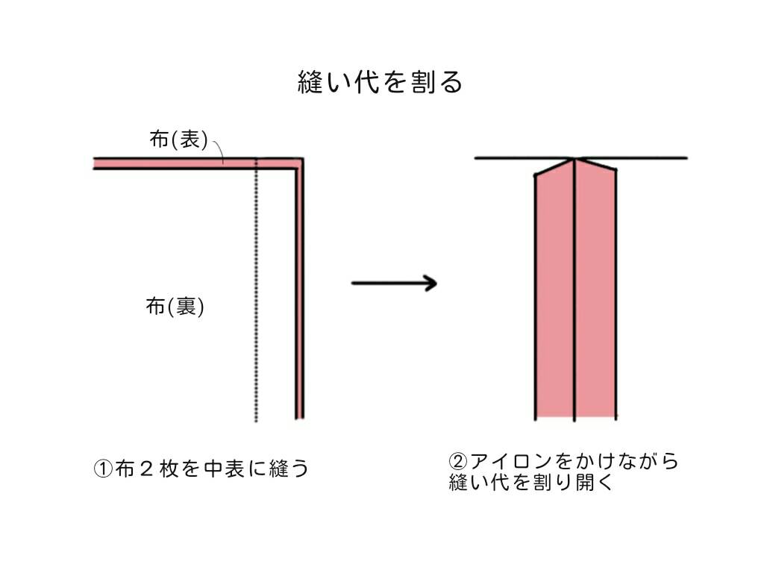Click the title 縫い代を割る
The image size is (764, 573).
[x=381, y=82]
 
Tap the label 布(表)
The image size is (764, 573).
[x=178, y=140]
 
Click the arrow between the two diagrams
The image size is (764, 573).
[x=393, y=283]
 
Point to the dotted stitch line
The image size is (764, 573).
[x=256, y=298]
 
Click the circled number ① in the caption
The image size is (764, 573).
[x=102, y=469]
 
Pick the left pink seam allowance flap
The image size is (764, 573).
[x=555, y=298]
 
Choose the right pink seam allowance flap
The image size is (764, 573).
[x=595, y=298]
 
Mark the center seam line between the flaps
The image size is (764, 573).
[x=574, y=298]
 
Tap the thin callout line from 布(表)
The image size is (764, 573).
[x=219, y=151]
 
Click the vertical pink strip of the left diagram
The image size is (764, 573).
[x=299, y=298]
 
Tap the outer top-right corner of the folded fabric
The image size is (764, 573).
[x=302, y=158]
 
